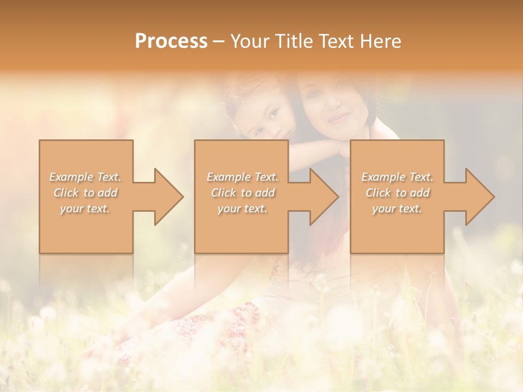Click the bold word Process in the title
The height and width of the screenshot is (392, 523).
(x=171, y=41)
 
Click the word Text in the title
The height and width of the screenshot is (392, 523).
(x=336, y=41)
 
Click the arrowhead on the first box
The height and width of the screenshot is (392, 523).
(x=167, y=197)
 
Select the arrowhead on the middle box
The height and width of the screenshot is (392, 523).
(x=322, y=197)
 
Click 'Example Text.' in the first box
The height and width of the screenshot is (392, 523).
(x=85, y=177)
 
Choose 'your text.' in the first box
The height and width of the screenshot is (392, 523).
(x=85, y=209)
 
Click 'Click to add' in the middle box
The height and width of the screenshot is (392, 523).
(x=242, y=193)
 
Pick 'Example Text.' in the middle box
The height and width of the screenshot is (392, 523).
(x=242, y=177)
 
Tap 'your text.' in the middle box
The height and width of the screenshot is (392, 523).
(x=242, y=209)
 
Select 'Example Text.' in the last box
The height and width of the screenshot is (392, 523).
(x=397, y=177)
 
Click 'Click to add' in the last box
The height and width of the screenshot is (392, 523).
(x=397, y=193)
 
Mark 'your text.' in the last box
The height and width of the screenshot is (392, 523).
(x=397, y=209)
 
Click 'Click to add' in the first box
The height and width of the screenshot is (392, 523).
(x=85, y=193)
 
